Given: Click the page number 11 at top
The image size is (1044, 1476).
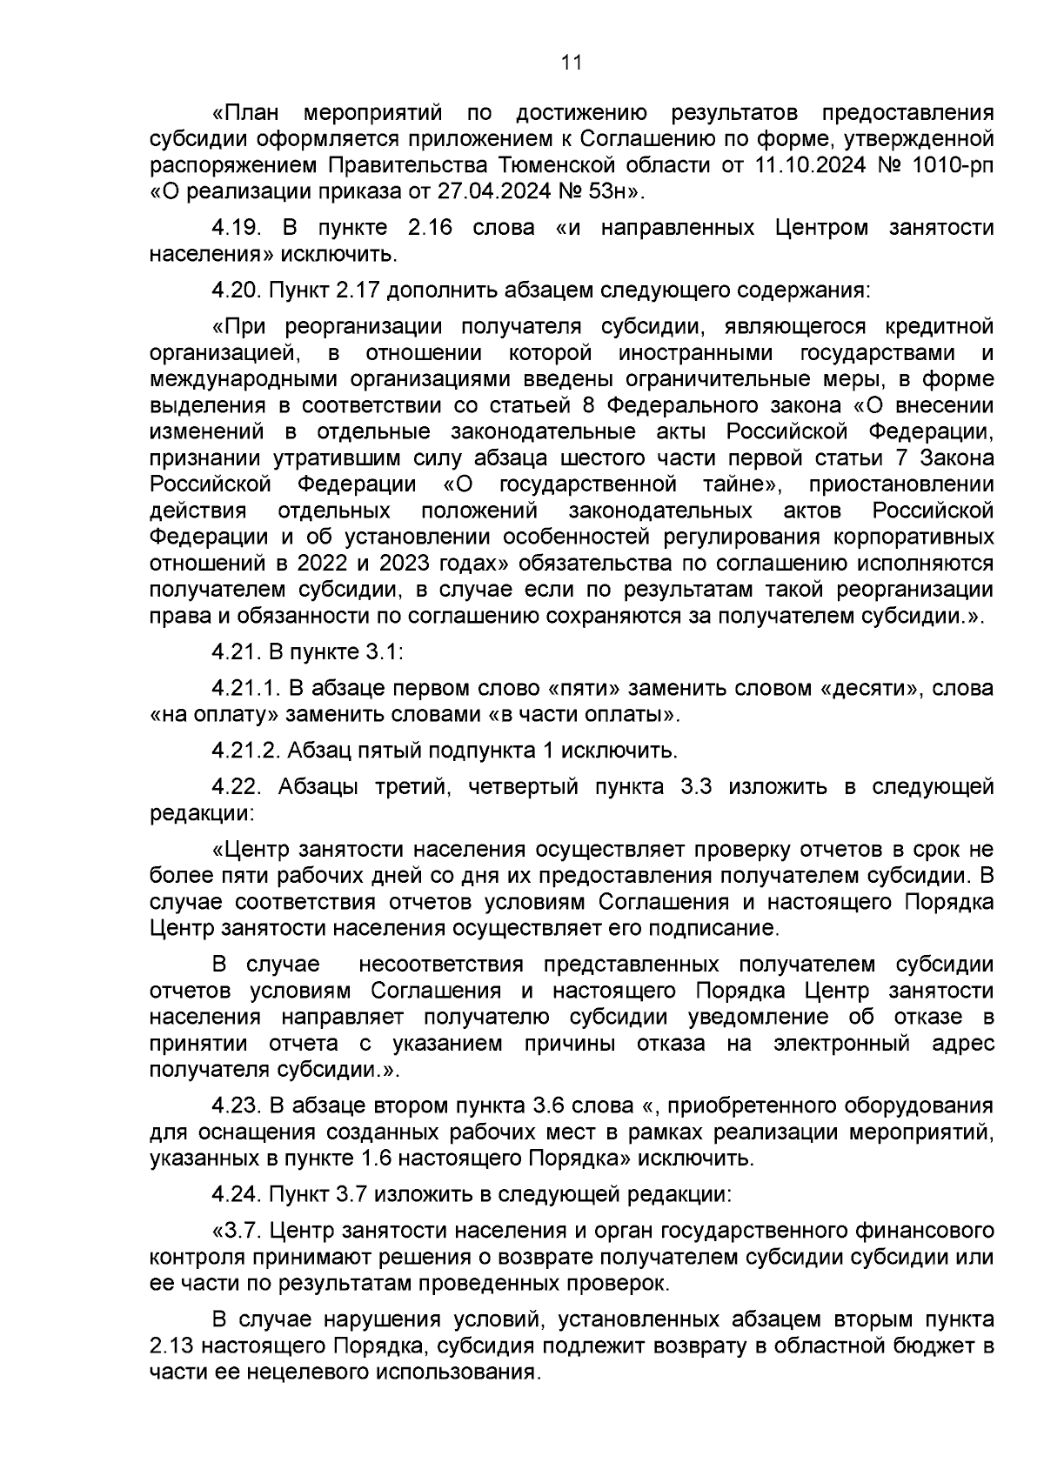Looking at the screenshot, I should [572, 63].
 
